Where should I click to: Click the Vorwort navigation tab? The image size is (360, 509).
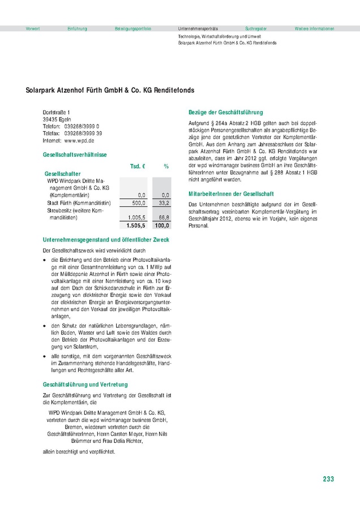(33, 28)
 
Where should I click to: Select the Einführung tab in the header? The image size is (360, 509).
(77, 28)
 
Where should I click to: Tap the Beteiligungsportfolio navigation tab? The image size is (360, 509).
(133, 28)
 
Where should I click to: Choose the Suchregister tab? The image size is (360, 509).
(256, 28)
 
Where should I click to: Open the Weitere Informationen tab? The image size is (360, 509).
(314, 28)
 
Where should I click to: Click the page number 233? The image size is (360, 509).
(328, 479)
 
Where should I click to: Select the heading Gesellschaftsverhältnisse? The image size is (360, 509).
(75, 154)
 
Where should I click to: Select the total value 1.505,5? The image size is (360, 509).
(137, 225)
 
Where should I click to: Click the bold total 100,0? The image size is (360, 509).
(162, 225)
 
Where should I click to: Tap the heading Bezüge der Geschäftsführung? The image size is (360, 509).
(225, 113)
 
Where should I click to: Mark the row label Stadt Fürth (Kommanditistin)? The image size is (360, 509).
(79, 202)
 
